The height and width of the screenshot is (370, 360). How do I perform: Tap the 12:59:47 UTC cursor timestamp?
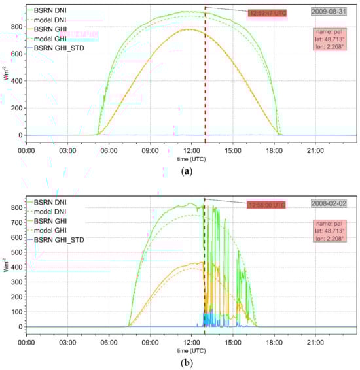click(266, 13)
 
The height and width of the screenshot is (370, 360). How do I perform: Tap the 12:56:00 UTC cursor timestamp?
click(266, 205)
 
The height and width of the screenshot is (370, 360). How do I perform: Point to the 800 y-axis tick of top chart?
click(14, 26)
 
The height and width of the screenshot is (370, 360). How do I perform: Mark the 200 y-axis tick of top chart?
click(14, 108)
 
